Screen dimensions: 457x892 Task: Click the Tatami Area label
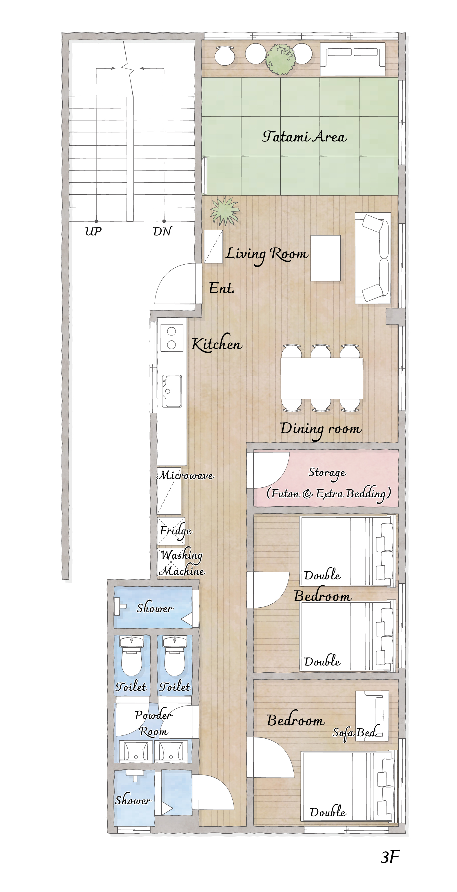[304, 137]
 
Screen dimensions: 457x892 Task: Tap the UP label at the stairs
[93, 231]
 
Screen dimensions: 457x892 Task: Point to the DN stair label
[162, 231]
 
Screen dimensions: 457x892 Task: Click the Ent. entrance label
[221, 288]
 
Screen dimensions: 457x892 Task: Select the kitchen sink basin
[172, 391]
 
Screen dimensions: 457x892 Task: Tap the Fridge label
[176, 531]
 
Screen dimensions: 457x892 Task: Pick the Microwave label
[185, 475]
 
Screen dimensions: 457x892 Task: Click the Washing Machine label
[182, 563]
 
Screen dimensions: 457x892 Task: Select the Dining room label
[321, 430]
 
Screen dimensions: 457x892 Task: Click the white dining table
[321, 378]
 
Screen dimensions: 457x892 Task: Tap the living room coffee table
[325, 258]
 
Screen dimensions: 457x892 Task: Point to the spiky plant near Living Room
[225, 211]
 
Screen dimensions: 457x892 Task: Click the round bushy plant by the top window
[281, 59]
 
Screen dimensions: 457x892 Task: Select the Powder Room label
[153, 723]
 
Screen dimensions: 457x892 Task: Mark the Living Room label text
[267, 254]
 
